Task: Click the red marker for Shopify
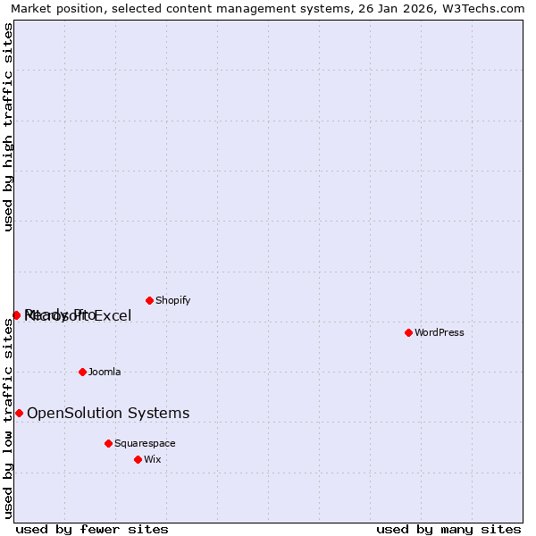click(149, 300)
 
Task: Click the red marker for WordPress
click(408, 332)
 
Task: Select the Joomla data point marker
click(82, 372)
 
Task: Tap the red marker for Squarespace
click(108, 443)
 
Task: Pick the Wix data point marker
click(138, 459)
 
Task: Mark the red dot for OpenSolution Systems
click(19, 413)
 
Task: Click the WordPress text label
click(440, 332)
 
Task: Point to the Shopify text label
click(173, 300)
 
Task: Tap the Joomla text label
click(105, 372)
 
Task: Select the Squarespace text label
click(145, 443)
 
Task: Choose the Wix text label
click(153, 459)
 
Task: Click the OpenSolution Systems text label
click(108, 413)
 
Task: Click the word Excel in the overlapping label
click(113, 315)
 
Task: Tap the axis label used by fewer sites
click(92, 529)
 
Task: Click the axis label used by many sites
click(448, 529)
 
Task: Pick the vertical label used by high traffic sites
click(8, 127)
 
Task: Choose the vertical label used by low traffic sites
click(8, 418)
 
